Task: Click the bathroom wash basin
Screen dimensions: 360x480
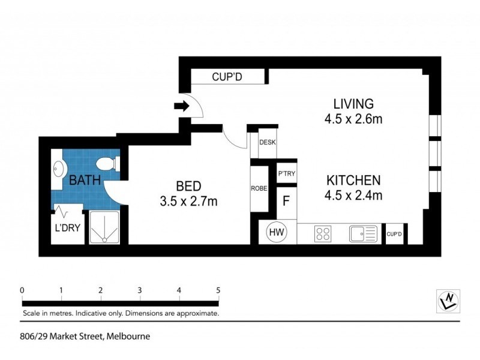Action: tap(59, 168)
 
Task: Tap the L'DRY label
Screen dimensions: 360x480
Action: tap(67, 229)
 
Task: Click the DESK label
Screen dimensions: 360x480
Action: tap(267, 143)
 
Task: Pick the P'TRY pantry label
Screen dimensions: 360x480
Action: tap(285, 173)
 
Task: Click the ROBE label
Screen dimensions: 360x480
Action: tap(259, 188)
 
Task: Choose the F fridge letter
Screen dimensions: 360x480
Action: tap(286, 200)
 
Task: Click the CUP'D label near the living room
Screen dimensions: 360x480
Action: tap(226, 77)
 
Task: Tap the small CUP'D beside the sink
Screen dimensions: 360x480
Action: tap(394, 234)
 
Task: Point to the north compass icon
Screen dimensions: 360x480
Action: tap(448, 300)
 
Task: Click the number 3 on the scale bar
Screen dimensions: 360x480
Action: tap(140, 290)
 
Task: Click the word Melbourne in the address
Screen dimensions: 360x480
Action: tap(128, 337)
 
